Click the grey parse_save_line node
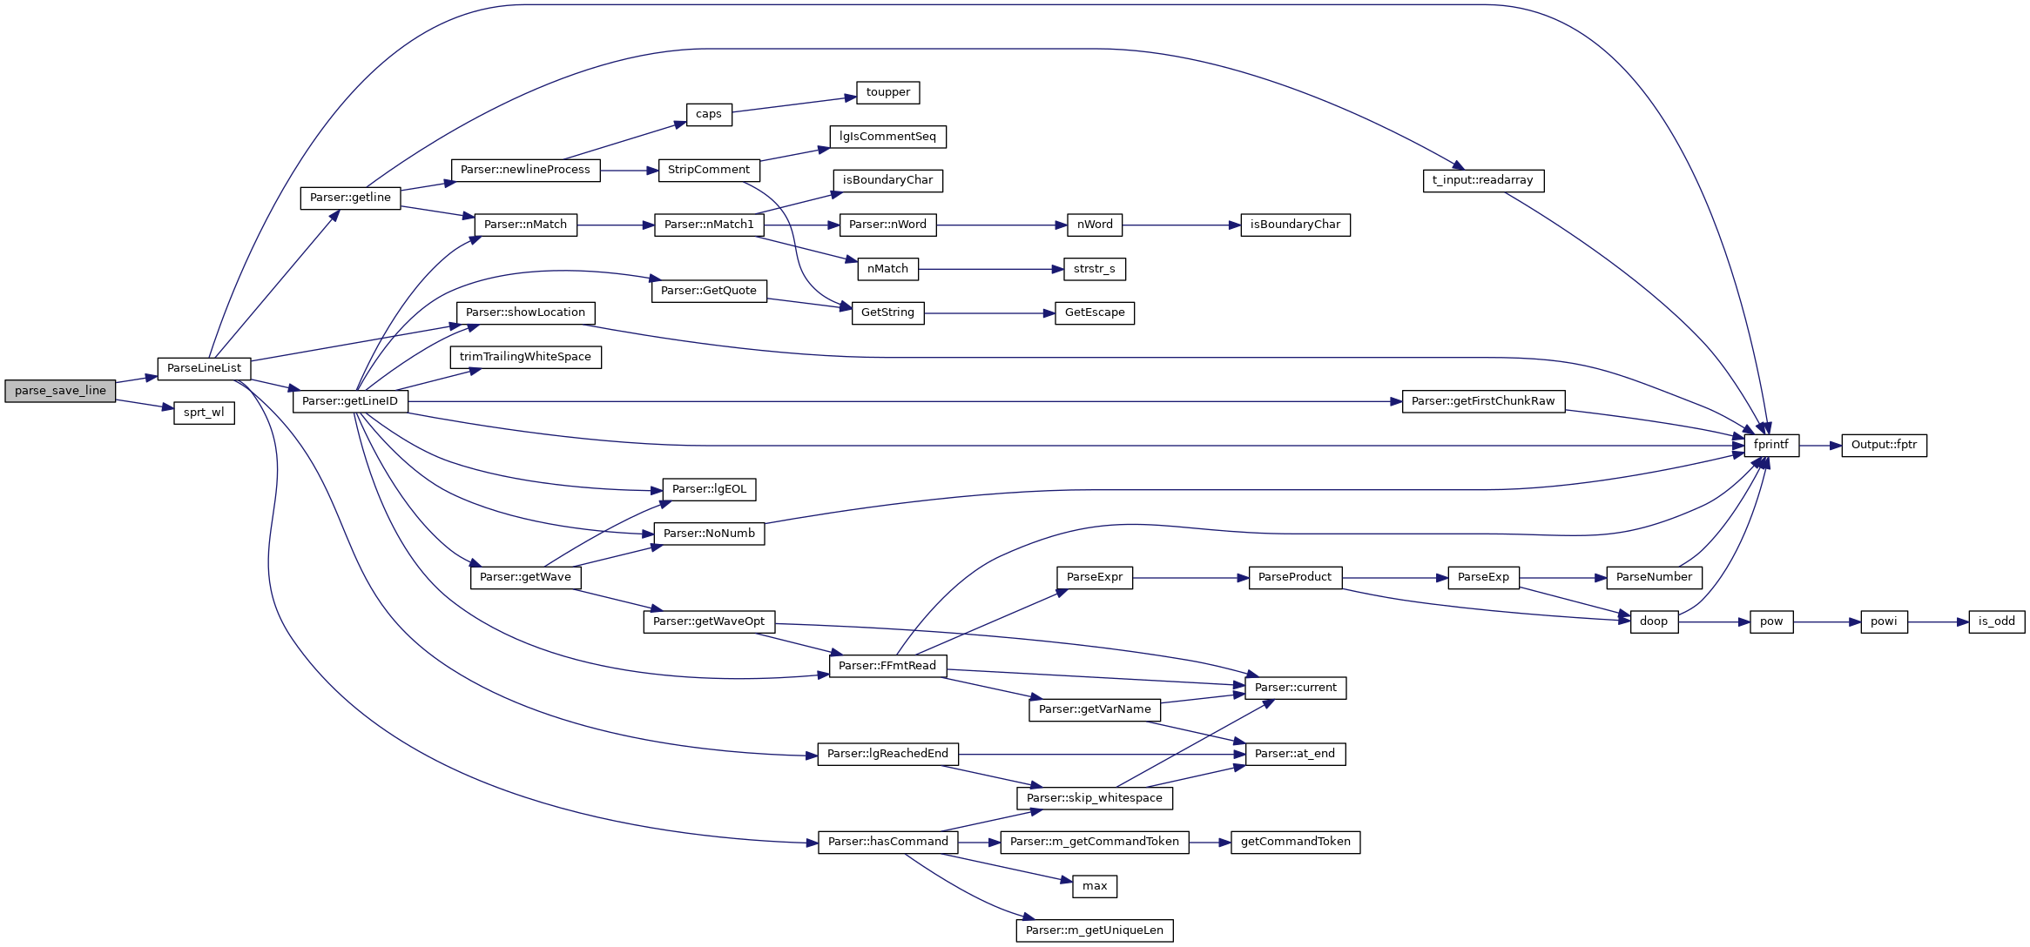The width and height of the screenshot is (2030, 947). pos(60,391)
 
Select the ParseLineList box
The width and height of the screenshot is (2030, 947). pos(204,368)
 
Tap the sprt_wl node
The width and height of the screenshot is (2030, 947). pos(204,413)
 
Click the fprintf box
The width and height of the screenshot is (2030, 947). pos(1770,445)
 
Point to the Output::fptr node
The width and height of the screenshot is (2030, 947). pos(1884,445)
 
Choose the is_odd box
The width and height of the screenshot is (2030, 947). pos(1996,621)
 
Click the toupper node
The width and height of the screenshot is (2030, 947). pos(887,92)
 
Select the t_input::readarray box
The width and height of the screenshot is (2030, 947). pos(1482,180)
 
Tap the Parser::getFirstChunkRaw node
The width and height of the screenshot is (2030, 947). pos(1482,401)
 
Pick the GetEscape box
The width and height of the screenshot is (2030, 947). pos(1094,312)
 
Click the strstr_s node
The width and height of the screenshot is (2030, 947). pos(1094,269)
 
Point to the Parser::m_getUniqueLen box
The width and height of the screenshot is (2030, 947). pos(1094,930)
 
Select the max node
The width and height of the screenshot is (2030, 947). pos(1094,886)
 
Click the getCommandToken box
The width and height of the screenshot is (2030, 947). pos(1295,842)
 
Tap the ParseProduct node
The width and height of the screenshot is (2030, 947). pos(1294,577)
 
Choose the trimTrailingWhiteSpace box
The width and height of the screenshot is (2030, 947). pos(525,357)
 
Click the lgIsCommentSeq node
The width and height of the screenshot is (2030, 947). pos(887,137)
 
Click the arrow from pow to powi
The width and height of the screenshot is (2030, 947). pos(1826,622)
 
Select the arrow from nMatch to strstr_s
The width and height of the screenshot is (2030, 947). pos(990,269)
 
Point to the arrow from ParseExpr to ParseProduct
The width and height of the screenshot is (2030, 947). pos(1190,578)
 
